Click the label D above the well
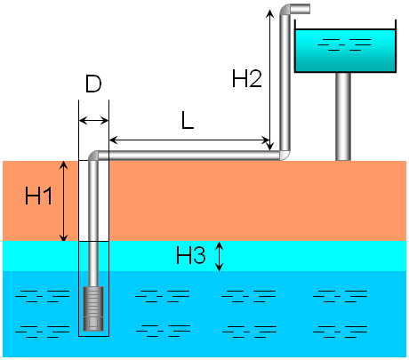(93, 85)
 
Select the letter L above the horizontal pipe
(188, 122)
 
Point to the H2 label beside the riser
(246, 79)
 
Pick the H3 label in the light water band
(191, 256)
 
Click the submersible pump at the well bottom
(93, 308)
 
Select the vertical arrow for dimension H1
(63, 201)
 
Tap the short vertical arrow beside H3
(220, 256)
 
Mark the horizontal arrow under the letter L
(188, 140)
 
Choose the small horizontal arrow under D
(93, 121)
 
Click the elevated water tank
(345, 51)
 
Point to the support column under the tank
(342, 116)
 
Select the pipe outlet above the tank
(302, 10)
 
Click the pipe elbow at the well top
(95, 156)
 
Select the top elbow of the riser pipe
(285, 12)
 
